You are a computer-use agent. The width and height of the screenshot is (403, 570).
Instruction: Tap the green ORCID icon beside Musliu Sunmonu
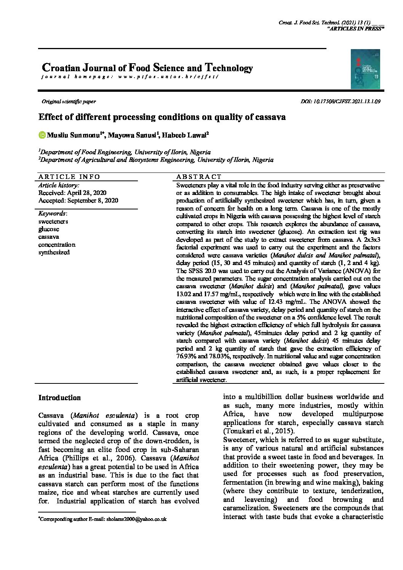42,135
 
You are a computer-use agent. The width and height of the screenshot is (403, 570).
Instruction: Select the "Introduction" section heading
59,398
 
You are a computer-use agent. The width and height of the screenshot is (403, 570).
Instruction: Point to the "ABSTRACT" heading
199,177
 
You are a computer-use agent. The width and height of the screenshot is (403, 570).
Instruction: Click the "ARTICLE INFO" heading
69,177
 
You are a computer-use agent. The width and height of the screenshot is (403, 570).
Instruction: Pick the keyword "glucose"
49,229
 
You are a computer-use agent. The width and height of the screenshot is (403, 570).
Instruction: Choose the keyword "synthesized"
54,252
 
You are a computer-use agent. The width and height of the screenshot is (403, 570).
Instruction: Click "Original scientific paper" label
69,102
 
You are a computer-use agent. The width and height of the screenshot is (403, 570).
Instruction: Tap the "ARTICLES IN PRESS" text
355,29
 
